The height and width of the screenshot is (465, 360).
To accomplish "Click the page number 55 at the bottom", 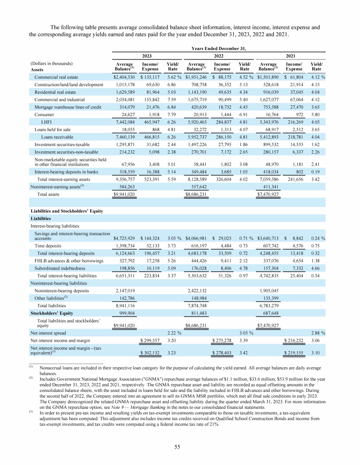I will (180, 447).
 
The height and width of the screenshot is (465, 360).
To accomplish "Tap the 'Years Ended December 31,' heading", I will (218, 47).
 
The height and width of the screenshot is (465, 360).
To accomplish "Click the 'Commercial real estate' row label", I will (57, 77).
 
